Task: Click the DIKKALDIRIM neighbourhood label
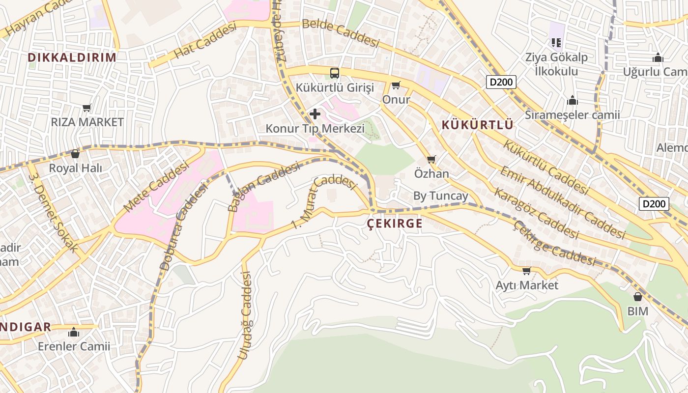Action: point(72,57)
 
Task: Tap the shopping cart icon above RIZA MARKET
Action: point(87,108)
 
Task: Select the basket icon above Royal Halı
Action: point(75,154)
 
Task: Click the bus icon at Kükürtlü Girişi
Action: point(335,73)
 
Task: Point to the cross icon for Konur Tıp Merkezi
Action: point(315,114)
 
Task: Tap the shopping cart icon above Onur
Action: point(396,85)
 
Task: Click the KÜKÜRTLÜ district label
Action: point(477,125)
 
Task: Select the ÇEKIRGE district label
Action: point(395,224)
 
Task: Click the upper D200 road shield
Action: point(501,82)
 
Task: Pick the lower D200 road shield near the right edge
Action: point(654,203)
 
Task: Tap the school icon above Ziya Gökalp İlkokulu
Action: point(556,43)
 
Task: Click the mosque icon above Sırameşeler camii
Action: point(572,101)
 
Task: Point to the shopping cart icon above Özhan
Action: point(431,159)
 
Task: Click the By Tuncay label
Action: point(440,196)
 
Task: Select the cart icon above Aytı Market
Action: point(527,271)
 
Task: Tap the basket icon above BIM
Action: point(637,297)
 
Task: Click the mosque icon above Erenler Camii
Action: point(74,332)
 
